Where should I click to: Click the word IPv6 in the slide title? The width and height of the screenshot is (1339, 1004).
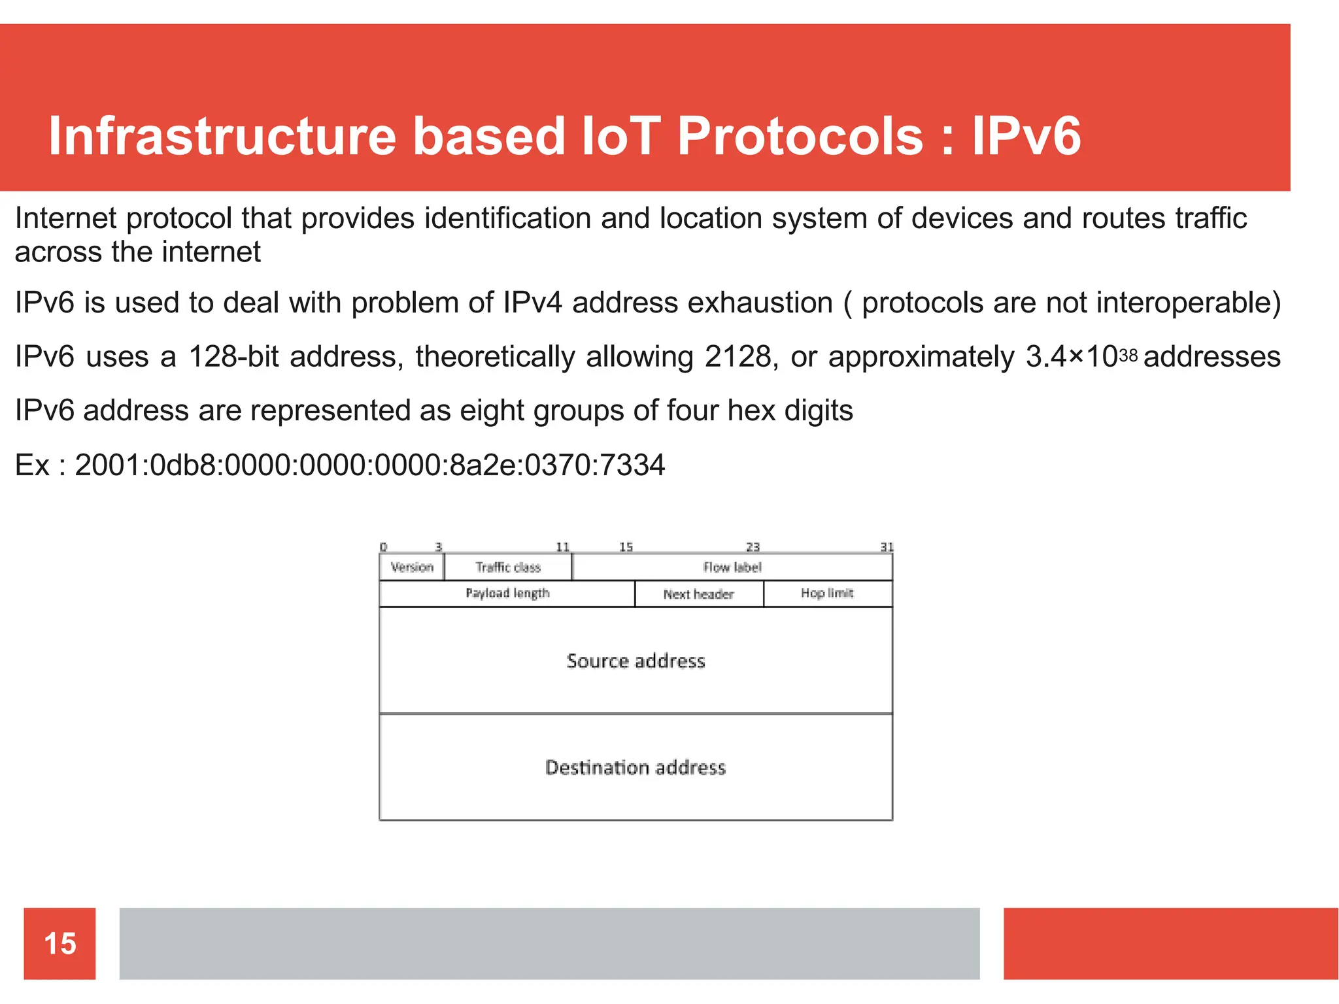click(1026, 136)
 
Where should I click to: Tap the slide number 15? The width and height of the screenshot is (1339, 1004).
click(59, 943)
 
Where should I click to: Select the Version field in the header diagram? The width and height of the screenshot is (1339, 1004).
click(412, 567)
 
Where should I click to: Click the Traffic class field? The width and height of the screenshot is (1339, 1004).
click(508, 567)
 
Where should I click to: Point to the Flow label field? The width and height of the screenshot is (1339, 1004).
click(732, 567)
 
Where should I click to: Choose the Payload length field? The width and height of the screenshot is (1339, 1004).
click(507, 593)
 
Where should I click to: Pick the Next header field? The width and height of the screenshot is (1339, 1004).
click(698, 594)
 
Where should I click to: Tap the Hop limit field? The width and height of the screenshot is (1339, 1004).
click(827, 593)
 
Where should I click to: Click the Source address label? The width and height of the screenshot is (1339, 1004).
click(636, 661)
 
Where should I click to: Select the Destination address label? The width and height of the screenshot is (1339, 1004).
click(636, 767)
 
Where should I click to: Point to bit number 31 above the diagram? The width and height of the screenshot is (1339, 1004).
click(887, 546)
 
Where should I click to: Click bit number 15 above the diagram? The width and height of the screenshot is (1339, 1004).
click(626, 546)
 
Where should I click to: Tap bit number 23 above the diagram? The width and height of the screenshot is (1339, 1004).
click(753, 546)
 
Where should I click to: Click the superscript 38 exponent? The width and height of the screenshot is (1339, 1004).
click(1128, 355)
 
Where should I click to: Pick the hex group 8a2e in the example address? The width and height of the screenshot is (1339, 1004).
click(483, 465)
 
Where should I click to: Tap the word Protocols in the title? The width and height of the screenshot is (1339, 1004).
click(800, 136)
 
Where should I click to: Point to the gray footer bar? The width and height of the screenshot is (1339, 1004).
click(549, 943)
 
